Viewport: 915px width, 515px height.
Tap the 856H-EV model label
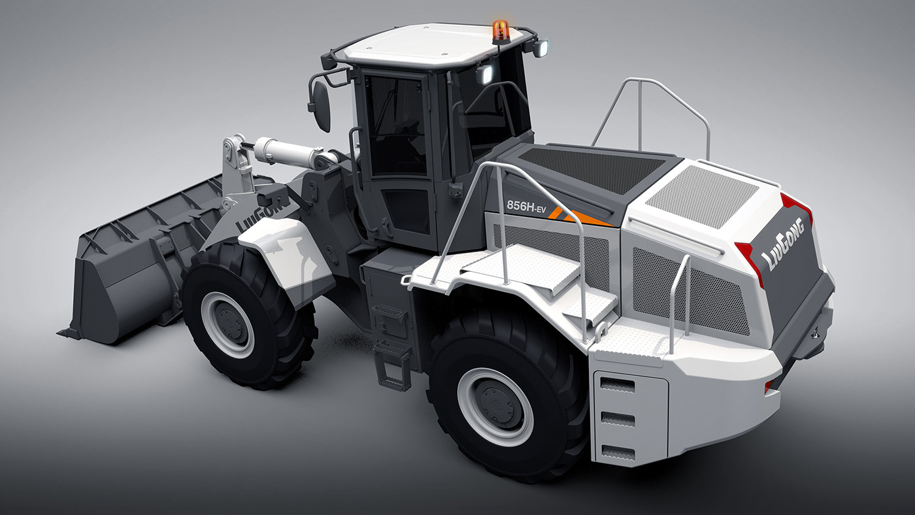526,205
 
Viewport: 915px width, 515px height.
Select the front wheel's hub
227,324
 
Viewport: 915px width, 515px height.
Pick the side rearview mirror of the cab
321,106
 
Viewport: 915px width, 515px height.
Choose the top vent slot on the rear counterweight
618,385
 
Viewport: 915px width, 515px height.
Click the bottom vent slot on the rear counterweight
618,451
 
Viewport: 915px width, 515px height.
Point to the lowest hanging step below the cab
392,366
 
